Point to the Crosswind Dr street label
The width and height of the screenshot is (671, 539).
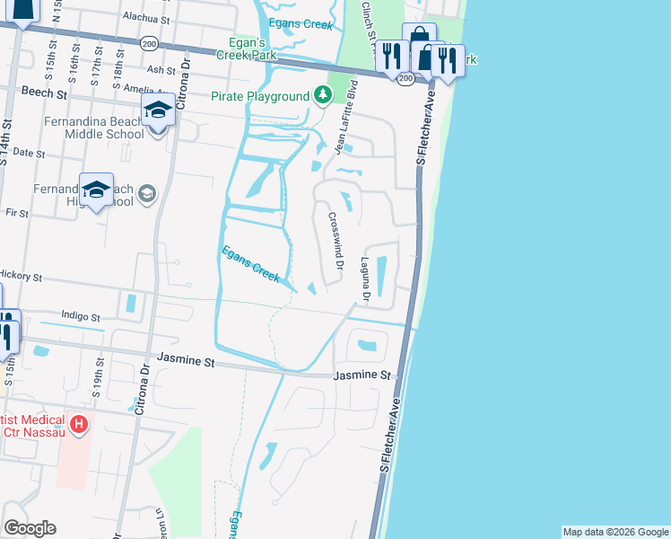335,241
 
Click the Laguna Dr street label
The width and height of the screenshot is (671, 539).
366,274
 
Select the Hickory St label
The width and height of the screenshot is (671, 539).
22,276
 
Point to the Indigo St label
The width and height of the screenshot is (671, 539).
80,316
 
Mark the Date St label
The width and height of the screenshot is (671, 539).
29,154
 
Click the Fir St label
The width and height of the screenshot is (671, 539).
17,215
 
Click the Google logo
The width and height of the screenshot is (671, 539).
30,528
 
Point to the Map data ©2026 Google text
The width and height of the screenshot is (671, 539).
614,532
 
